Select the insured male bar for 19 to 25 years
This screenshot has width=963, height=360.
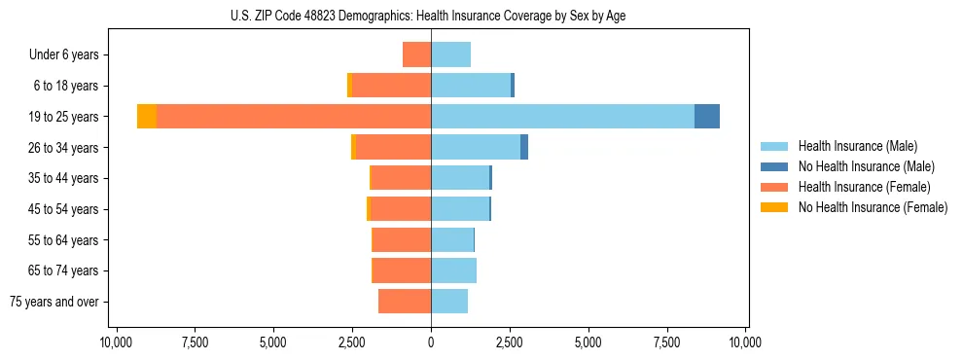point(562,117)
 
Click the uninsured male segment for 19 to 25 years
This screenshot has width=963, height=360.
point(707,117)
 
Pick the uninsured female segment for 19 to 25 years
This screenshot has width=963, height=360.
point(147,117)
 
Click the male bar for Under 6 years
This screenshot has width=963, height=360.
point(451,55)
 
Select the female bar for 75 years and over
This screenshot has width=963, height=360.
point(405,302)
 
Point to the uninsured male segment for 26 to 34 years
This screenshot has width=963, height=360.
point(524,148)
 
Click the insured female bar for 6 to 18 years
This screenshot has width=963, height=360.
point(391,86)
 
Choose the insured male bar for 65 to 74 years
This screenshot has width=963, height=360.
point(453,270)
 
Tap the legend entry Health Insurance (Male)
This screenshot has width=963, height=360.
point(857,146)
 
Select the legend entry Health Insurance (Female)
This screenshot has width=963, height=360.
point(864,187)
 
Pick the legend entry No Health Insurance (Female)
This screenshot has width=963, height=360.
point(873,207)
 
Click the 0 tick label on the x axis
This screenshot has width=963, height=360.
point(431,342)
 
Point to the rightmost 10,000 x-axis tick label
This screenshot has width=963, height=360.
point(745,342)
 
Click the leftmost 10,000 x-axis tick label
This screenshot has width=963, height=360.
point(116,342)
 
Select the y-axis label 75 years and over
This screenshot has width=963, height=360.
point(54,302)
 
